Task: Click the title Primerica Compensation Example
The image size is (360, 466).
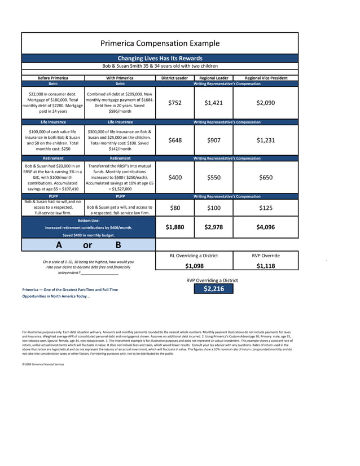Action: tap(160, 43)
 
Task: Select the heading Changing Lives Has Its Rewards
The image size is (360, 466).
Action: tap(160, 58)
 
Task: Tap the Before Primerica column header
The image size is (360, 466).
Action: tap(52, 78)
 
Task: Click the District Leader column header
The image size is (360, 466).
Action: tap(174, 78)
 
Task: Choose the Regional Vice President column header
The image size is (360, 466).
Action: tap(266, 78)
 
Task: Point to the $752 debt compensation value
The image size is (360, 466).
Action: tap(175, 103)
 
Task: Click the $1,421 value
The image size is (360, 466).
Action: tap(213, 103)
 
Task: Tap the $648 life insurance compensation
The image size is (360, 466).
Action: tap(175, 140)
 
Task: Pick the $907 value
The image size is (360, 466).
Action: tap(213, 140)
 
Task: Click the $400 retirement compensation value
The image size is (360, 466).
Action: tap(175, 178)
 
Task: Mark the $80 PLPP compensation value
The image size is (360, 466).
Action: tap(175, 208)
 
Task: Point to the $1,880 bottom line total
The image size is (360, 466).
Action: tap(175, 227)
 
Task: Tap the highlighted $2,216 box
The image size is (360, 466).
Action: tap(214, 289)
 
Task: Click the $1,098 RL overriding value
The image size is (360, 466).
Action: tap(194, 266)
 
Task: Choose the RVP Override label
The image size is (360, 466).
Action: tap(266, 256)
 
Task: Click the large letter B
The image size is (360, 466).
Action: tap(118, 245)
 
